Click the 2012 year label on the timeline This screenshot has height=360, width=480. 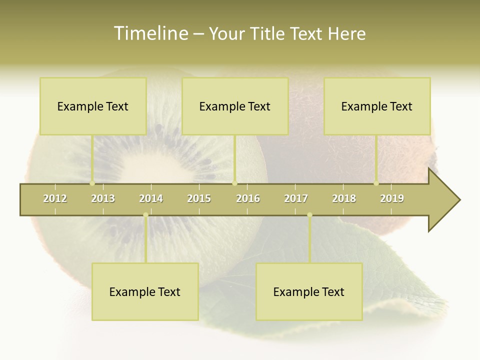tap(55, 198)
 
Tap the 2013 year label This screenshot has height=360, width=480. tap(103, 198)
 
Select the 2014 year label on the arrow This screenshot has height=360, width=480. tap(151, 198)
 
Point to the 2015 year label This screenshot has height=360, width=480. tap(199, 198)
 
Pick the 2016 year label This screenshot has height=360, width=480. tap(248, 198)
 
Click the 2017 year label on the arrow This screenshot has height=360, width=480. tap(296, 198)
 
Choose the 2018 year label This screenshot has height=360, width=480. tap(344, 198)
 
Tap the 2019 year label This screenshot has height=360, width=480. tap(392, 198)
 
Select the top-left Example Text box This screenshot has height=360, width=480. tap(93, 106)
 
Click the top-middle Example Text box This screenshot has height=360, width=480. tap(235, 106)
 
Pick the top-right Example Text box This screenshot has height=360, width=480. tap(377, 106)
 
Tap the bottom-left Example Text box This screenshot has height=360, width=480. tap(145, 291)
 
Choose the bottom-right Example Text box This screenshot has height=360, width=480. tap(309, 291)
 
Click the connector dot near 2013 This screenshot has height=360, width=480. tap(92, 183)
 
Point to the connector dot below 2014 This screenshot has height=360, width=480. tap(145, 215)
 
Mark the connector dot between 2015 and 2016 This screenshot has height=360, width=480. tap(234, 183)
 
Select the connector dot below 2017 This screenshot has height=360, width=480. tap(309, 215)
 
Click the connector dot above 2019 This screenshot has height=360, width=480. tap(376, 183)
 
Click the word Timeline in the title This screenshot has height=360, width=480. tap(150, 33)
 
